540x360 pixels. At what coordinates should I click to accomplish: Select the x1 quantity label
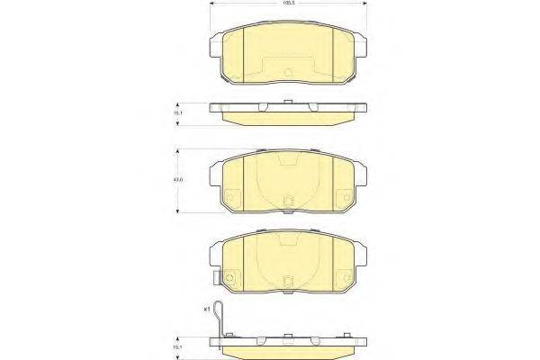coord(206,309)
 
